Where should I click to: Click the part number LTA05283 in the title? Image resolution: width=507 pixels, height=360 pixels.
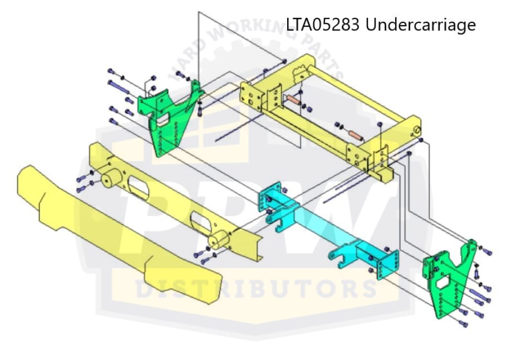tap(322, 25)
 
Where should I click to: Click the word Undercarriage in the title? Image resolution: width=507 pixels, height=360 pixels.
tap(421, 25)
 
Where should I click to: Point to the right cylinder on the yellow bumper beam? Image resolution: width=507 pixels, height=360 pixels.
tap(218, 240)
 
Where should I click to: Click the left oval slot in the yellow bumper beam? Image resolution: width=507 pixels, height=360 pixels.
tap(139, 187)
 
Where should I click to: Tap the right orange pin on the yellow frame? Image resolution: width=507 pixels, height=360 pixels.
tap(355, 135)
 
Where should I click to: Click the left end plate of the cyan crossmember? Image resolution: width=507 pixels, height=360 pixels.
tap(269, 197)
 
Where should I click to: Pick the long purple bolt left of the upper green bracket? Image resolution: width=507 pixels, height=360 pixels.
tap(118, 87)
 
